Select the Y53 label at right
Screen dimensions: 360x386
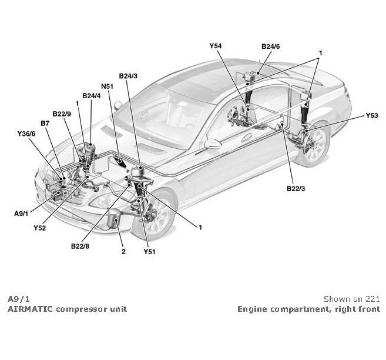tap(371, 116)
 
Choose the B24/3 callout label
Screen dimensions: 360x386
tap(128, 76)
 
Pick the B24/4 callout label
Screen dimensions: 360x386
tap(92, 96)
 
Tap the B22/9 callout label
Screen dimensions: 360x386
tap(62, 114)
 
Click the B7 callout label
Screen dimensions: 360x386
tap(45, 123)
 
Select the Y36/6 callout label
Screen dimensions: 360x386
tap(27, 134)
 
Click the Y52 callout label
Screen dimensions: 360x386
tap(41, 227)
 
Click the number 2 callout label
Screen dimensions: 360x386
tap(123, 251)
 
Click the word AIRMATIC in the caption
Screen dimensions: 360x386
tap(29, 308)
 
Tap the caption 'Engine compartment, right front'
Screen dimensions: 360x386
tap(308, 308)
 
